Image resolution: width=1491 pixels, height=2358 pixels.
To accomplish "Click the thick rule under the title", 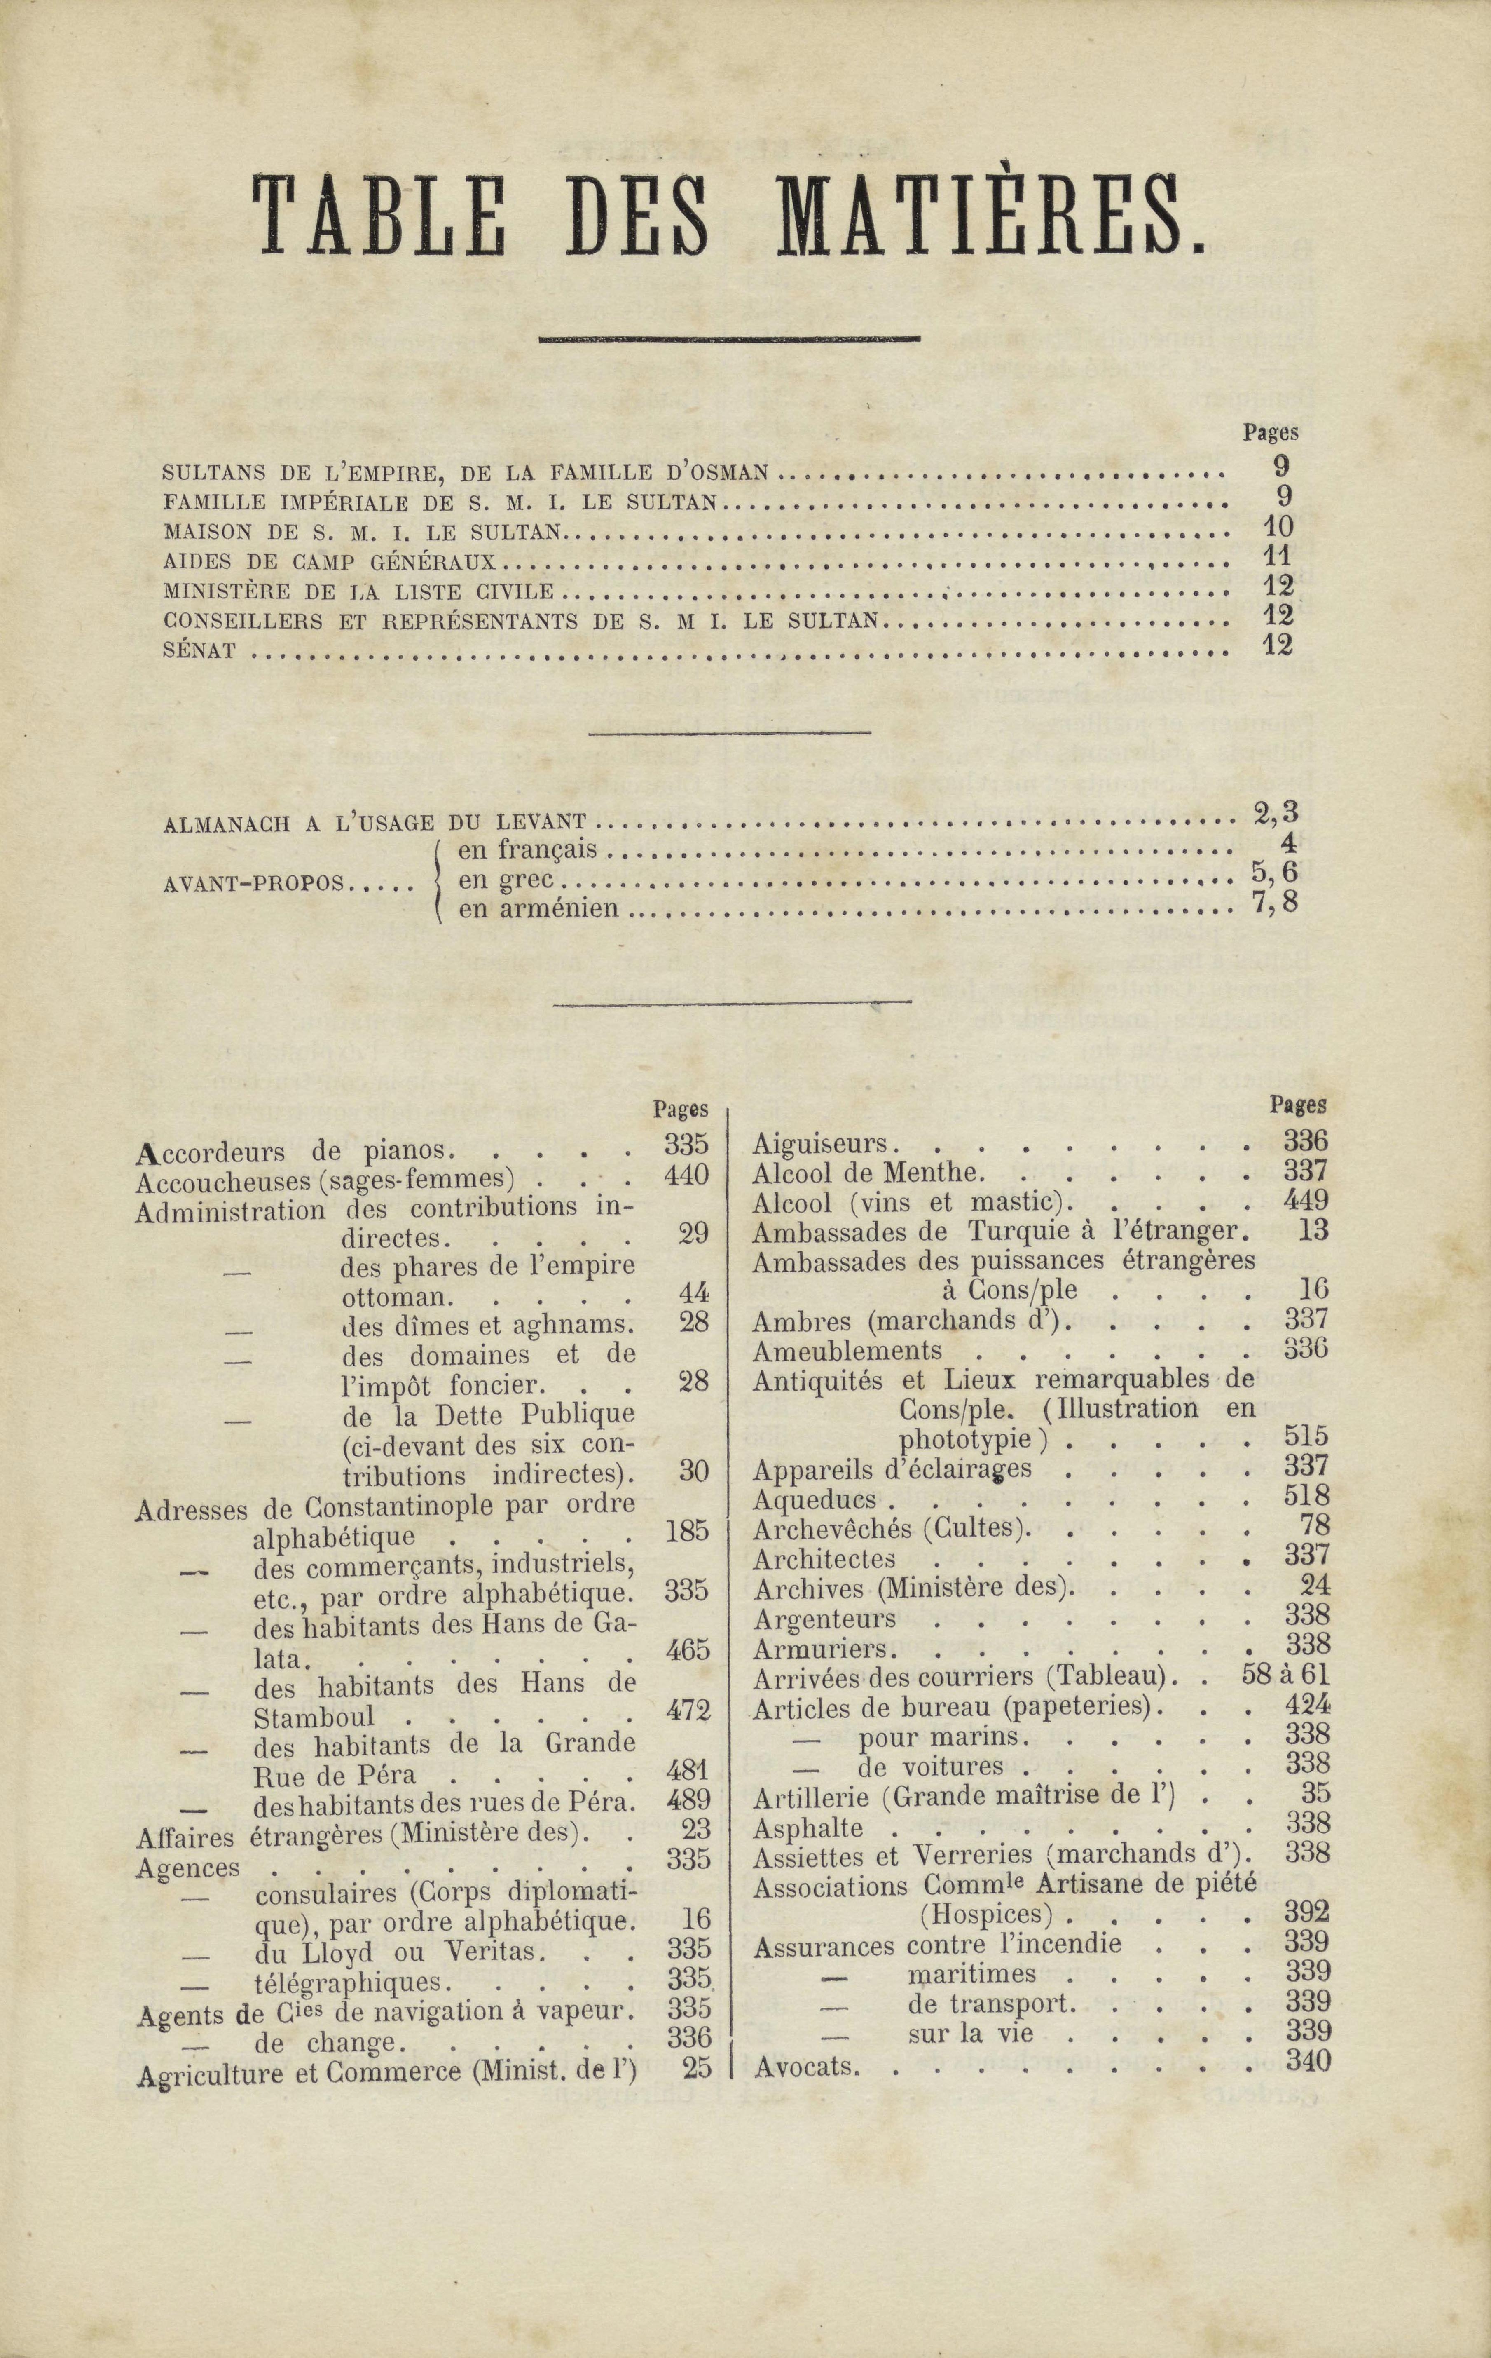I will coord(729,340).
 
